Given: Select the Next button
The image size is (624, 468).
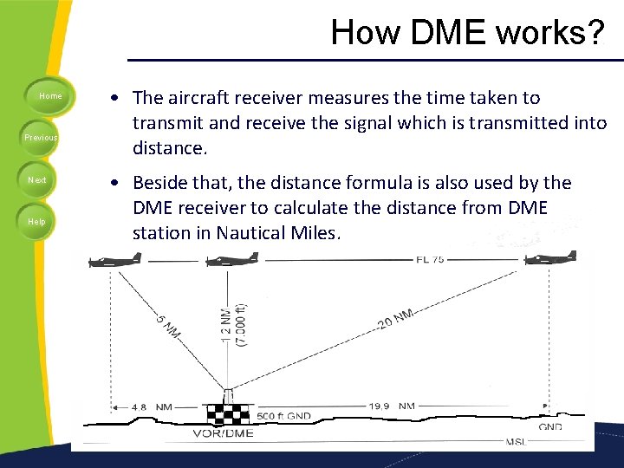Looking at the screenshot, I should tap(37, 180).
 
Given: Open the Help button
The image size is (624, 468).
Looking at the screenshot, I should tap(37, 222).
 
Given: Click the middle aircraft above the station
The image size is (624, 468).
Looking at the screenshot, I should tap(231, 259).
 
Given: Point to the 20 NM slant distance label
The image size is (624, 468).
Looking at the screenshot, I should tap(395, 319).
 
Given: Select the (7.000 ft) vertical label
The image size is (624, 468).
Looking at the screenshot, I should tap(242, 324).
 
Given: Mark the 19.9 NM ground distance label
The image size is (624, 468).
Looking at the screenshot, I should tap(390, 405).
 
